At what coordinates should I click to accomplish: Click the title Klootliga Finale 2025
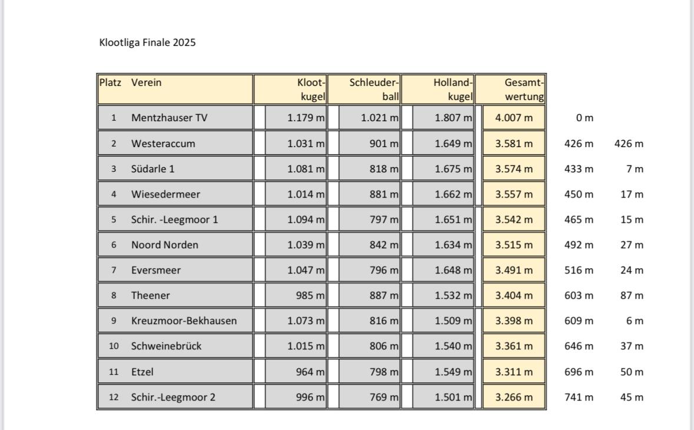(x=147, y=43)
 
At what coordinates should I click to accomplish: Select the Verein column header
(x=146, y=83)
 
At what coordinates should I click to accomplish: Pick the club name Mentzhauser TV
(x=170, y=118)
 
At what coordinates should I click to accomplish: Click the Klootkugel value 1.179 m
(x=306, y=118)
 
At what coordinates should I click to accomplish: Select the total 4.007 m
(x=514, y=118)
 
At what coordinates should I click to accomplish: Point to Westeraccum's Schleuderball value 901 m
(x=384, y=144)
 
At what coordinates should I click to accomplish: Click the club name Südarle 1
(x=153, y=169)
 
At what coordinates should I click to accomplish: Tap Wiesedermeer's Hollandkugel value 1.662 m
(x=453, y=194)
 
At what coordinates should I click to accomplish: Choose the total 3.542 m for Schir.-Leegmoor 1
(x=514, y=219)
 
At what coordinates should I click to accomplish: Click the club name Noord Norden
(x=165, y=245)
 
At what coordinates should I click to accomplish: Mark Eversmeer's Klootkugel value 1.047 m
(x=306, y=271)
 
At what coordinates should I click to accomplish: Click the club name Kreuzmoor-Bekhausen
(x=184, y=321)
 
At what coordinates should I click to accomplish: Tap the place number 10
(x=114, y=346)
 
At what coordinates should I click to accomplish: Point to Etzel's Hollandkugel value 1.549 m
(x=453, y=372)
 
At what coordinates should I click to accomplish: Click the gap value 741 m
(x=579, y=397)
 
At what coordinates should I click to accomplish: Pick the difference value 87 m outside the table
(x=632, y=295)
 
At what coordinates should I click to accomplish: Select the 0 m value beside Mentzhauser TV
(x=585, y=118)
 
